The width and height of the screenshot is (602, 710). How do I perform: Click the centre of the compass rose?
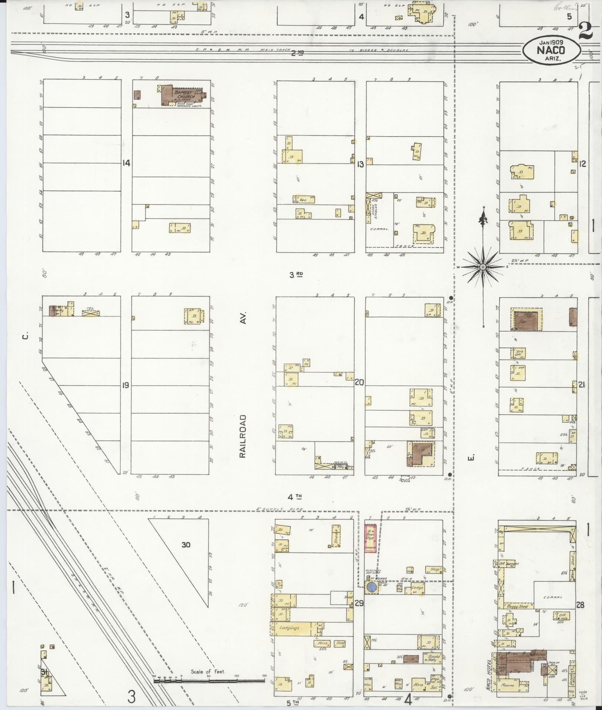point(483,267)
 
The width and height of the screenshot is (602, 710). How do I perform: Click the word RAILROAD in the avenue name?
point(243,436)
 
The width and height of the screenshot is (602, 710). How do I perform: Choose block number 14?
point(126,163)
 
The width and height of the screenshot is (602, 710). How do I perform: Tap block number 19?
point(126,385)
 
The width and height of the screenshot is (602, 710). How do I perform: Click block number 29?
point(359,604)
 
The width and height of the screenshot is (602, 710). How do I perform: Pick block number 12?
point(583,163)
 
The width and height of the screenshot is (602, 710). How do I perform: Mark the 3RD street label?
point(297,274)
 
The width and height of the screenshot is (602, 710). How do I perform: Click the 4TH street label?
point(297,496)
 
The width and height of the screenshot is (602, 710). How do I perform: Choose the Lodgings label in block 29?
point(289,628)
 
